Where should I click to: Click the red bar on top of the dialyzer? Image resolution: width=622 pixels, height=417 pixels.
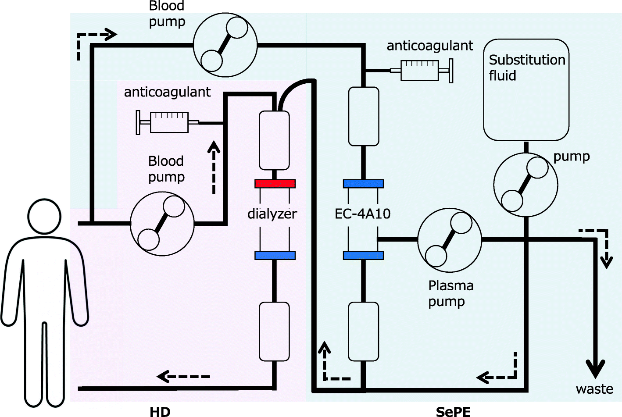(275, 184)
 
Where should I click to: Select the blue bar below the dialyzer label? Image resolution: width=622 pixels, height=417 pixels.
(275, 255)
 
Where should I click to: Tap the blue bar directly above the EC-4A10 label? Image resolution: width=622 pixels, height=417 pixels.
(363, 184)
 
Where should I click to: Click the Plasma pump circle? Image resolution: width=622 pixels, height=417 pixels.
(449, 240)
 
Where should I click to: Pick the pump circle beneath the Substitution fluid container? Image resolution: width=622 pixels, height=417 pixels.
(525, 185)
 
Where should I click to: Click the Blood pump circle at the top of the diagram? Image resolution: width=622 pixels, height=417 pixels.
(225, 45)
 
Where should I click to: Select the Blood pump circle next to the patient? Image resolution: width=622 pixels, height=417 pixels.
(162, 223)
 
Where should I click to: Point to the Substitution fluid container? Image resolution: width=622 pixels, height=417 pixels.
(526, 90)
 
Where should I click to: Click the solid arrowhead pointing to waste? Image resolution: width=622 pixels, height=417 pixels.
(595, 368)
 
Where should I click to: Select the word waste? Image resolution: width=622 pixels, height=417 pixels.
(594, 389)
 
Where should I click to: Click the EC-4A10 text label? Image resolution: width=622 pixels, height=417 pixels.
(362, 214)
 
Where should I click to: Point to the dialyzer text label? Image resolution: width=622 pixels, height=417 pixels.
(272, 214)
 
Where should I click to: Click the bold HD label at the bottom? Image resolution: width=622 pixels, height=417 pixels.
(160, 412)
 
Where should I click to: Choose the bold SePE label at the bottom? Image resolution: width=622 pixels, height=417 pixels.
(453, 412)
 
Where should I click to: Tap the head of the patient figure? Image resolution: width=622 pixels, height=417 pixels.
(44, 216)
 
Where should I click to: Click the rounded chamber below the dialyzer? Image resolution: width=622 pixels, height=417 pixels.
(274, 331)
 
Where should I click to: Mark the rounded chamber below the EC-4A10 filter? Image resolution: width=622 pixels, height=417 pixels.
(363, 331)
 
